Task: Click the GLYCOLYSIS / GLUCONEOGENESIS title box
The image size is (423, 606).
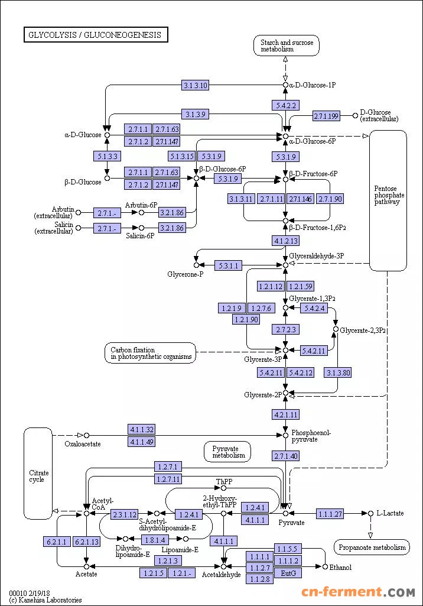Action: coord(95,35)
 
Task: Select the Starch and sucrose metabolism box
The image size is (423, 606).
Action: coord(287,46)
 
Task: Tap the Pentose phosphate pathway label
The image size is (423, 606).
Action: coord(389,195)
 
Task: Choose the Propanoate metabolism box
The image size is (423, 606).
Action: coord(372,547)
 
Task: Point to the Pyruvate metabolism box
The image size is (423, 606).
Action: coord(228,452)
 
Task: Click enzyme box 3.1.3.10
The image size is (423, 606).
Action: coord(195,86)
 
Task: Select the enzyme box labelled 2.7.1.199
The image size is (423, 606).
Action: coord(327,116)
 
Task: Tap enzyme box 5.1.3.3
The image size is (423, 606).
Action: coord(107,157)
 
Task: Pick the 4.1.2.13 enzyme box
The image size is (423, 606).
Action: coord(285,241)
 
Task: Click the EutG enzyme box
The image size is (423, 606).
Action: coord(288,573)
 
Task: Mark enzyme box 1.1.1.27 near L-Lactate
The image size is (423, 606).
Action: coord(330,514)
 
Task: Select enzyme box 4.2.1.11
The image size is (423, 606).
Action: coord(285,414)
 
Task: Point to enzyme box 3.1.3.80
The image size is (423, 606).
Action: coord(339,372)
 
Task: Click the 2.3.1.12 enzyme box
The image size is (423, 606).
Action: coord(124,514)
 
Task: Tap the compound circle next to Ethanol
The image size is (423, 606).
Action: coord(325,566)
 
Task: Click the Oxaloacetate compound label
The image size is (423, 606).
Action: coord(82,444)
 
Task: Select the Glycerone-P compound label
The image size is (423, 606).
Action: coord(185,274)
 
